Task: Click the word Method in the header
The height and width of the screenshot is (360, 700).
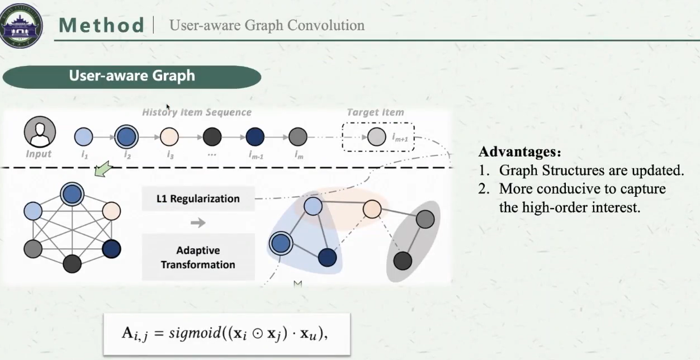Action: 102,25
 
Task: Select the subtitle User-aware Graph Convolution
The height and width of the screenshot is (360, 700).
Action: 267,25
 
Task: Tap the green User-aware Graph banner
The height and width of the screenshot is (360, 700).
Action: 132,76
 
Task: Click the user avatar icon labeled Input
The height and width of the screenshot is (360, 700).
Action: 39,133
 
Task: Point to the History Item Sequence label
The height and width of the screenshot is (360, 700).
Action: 197,112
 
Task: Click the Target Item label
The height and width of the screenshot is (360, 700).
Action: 375,112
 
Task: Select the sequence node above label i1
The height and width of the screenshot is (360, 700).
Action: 84,136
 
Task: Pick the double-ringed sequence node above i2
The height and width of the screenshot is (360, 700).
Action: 126,136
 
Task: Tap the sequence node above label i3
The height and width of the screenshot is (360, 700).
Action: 169,136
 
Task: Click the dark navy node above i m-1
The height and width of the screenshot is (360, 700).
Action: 255,136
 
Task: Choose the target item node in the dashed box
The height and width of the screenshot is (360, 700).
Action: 377,136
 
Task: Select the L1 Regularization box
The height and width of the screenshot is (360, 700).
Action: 198,198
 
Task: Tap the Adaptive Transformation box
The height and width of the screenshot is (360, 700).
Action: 198,257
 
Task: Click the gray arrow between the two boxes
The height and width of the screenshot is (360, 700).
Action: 198,222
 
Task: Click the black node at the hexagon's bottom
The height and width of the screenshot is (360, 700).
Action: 72,263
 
